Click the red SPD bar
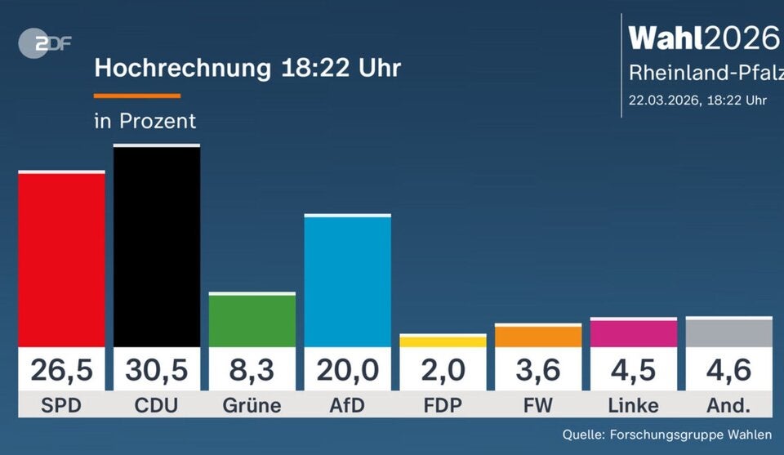(61, 259)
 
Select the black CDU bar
(157, 246)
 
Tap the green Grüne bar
(252, 320)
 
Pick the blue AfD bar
(348, 281)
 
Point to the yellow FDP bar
(443, 341)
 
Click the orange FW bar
(538, 337)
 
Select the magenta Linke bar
(634, 333)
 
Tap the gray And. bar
(728, 332)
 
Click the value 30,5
(157, 370)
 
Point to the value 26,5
(61, 370)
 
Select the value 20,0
(348, 370)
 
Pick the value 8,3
(252, 370)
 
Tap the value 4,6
(728, 370)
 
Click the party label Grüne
(252, 405)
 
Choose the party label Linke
(634, 405)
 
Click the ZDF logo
(44, 43)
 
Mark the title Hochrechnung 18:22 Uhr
(247, 67)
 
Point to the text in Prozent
(145, 121)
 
